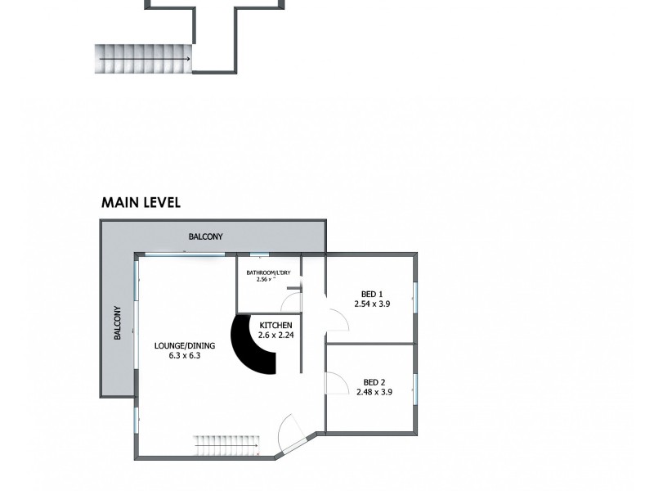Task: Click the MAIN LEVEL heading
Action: point(141,202)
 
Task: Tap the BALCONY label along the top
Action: point(205,236)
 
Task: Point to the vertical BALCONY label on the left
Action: point(118,323)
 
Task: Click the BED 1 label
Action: point(372,294)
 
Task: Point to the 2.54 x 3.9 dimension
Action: point(373,304)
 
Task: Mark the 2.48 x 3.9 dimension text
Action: point(374,392)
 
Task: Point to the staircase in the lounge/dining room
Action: point(225,447)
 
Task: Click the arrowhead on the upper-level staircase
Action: point(188,59)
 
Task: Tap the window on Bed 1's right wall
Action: point(415,297)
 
